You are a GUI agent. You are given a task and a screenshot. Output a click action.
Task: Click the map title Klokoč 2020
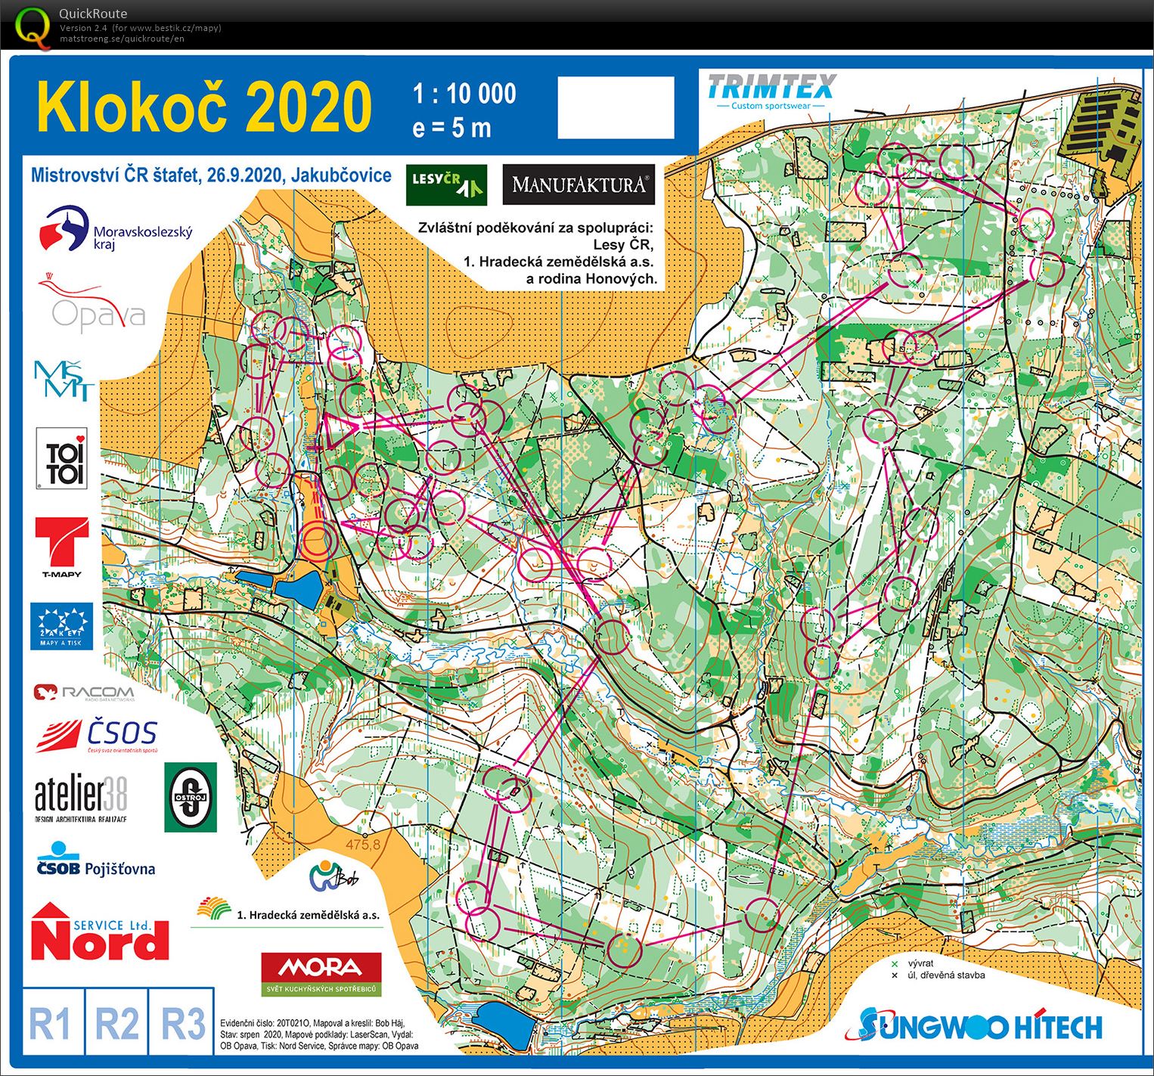204,107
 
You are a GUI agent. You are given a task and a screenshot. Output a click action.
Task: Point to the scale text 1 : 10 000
464,94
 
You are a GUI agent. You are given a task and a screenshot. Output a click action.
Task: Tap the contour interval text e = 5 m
451,128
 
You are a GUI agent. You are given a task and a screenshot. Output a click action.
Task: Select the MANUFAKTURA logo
579,185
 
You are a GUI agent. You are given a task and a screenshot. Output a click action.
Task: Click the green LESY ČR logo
446,185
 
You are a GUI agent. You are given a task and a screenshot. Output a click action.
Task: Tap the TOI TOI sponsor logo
61,459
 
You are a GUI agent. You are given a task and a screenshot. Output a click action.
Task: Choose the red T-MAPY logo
61,547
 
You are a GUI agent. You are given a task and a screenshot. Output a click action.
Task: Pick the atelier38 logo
81,798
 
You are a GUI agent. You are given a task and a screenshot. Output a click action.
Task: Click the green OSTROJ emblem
191,797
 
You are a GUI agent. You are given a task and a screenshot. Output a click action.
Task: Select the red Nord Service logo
100,932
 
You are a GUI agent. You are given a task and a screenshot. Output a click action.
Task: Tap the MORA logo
321,973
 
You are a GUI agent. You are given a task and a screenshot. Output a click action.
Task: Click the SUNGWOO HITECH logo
980,1025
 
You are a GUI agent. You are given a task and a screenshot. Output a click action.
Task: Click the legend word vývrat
920,963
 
